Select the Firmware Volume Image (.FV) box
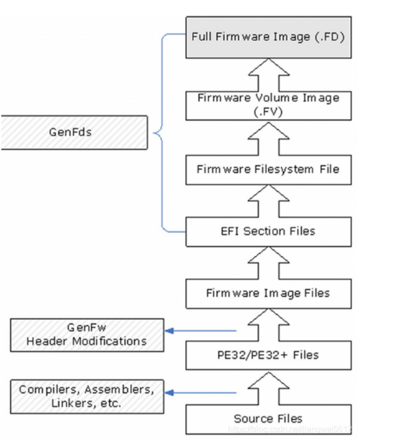(268, 104)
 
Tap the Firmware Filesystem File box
(268, 169)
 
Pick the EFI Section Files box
(268, 231)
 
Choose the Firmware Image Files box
(268, 292)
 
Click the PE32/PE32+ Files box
(268, 354)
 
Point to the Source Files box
(268, 418)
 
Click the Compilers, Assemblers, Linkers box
(87, 395)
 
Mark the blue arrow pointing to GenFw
(199, 330)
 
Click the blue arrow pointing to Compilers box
(199, 393)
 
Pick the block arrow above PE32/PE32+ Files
(268, 324)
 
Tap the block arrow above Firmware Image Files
(268, 262)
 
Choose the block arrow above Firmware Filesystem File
(268, 138)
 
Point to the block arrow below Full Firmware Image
(268, 71)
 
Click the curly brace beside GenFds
(159, 132)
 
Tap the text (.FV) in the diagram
(268, 112)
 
